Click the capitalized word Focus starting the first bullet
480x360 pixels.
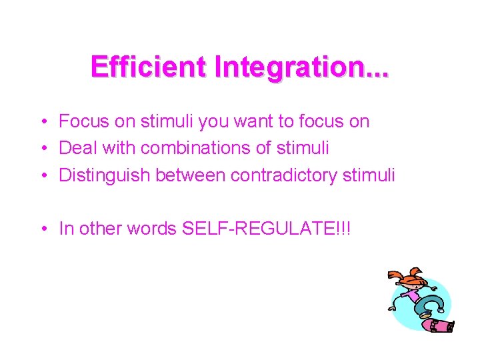coord(80,121)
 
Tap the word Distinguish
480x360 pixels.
coord(105,175)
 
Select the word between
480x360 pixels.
coord(191,175)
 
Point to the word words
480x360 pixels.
coord(146,229)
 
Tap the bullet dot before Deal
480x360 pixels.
coord(43,149)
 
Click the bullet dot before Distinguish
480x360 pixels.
coord(43,176)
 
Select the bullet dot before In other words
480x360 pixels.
coord(43,229)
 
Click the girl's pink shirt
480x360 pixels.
coord(413,295)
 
